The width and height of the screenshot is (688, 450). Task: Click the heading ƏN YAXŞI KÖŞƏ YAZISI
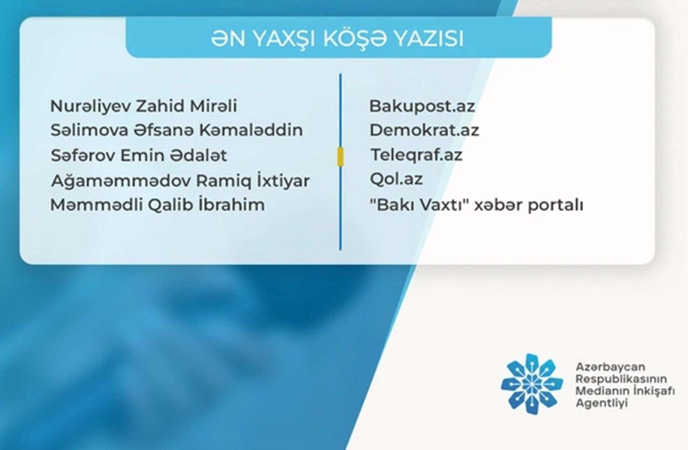tap(337, 39)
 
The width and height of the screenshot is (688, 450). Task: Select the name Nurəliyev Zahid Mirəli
tap(143, 106)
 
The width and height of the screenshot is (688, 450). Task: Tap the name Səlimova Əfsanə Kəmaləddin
tap(177, 130)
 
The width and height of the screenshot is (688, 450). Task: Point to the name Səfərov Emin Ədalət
tap(139, 155)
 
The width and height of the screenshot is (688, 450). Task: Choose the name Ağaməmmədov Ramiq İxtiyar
tap(180, 181)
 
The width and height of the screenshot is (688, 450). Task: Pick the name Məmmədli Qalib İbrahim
tap(157, 205)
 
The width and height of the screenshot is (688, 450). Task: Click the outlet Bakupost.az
tap(422, 106)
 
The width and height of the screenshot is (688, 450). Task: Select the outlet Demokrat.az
tap(424, 130)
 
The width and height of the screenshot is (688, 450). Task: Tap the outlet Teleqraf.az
tap(416, 155)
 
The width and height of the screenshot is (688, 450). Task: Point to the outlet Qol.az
tap(396, 179)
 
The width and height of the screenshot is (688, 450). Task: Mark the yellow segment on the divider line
tap(340, 157)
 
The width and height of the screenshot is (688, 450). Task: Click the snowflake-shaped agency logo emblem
tap(530, 384)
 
